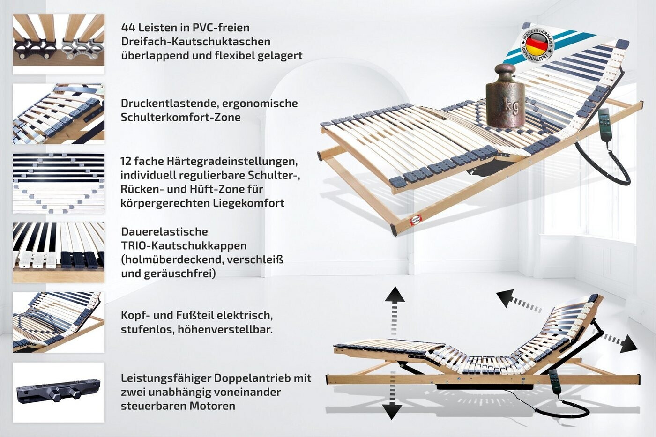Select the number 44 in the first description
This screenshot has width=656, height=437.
[128, 28]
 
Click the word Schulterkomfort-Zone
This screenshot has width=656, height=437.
[181, 117]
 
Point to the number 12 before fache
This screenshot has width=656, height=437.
[126, 161]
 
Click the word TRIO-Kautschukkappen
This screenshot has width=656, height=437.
[184, 245]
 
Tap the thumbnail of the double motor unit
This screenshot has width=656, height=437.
[59, 392]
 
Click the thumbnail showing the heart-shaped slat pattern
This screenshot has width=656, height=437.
[59, 183]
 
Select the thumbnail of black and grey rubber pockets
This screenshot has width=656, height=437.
[59, 44]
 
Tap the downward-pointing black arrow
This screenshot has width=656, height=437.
[392, 411]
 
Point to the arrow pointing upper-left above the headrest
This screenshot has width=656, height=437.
[506, 297]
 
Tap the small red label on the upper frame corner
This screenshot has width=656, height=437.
[416, 220]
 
